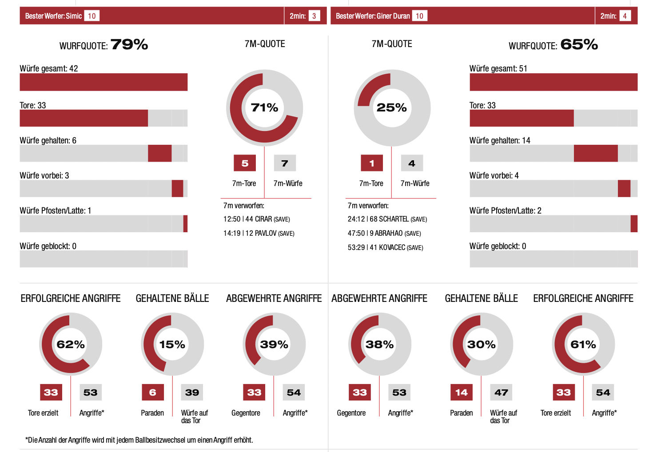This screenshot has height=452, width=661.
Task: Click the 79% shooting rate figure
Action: pos(129,44)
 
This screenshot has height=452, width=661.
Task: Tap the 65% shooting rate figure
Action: pos(579,44)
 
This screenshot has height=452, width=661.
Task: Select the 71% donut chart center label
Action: pos(264,107)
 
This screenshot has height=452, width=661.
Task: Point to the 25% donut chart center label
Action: pos(391,107)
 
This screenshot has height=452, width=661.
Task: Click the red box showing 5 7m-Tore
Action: pos(245,163)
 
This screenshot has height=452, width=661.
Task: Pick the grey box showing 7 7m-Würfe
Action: pos(285,163)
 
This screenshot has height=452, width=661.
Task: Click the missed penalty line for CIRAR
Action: pos(256,219)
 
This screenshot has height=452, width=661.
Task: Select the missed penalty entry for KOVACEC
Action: pos(385,248)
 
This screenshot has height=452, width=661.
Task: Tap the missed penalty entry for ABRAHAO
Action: pos(384,234)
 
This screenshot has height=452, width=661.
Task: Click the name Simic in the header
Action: pos(74,16)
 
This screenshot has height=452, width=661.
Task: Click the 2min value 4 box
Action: pos(625,16)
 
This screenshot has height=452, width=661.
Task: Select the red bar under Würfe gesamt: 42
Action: pos(104,82)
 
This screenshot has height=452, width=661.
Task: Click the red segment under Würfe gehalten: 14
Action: pos(595,153)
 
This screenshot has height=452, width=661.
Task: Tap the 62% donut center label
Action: pos(71,345)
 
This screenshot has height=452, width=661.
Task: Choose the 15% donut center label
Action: pos(172,345)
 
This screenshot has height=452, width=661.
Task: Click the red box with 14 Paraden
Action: pos(461,393)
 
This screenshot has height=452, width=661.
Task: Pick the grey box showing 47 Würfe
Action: pos(501,393)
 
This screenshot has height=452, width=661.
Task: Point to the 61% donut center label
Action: pos(583,345)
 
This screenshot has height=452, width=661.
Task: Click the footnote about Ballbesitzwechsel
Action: pos(139,440)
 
